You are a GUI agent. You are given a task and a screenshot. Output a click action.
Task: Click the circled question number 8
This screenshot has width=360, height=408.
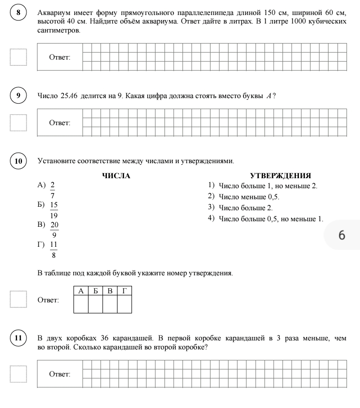(x=18, y=13)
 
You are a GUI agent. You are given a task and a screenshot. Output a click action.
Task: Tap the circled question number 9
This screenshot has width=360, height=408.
(x=18, y=96)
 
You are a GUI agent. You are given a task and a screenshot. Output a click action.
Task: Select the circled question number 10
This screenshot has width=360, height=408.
(x=18, y=161)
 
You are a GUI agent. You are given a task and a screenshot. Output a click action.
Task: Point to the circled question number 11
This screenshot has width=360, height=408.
(x=18, y=338)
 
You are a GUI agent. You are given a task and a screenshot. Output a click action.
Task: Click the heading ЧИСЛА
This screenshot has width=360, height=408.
(x=116, y=176)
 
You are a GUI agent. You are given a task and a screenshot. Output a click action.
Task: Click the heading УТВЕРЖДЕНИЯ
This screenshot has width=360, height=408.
(x=280, y=176)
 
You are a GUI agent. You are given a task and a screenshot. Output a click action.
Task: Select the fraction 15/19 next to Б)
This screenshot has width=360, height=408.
(x=54, y=210)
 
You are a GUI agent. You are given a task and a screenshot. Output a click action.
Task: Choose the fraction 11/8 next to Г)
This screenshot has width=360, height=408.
(x=53, y=249)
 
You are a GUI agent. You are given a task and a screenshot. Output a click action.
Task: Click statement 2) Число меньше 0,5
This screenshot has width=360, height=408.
(x=248, y=197)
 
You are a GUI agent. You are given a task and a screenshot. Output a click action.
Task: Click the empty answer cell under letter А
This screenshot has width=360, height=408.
(x=80, y=304)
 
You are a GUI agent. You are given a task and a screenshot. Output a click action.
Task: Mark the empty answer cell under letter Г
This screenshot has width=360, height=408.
(x=124, y=304)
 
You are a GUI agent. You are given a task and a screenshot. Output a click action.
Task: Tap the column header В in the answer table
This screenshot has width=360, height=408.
(x=109, y=291)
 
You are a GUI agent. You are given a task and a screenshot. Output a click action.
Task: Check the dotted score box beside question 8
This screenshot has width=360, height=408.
(x=18, y=57)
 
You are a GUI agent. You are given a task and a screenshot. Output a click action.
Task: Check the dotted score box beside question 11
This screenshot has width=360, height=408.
(x=18, y=373)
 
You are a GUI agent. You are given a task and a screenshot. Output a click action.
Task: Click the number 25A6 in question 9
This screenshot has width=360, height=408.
(x=70, y=96)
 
